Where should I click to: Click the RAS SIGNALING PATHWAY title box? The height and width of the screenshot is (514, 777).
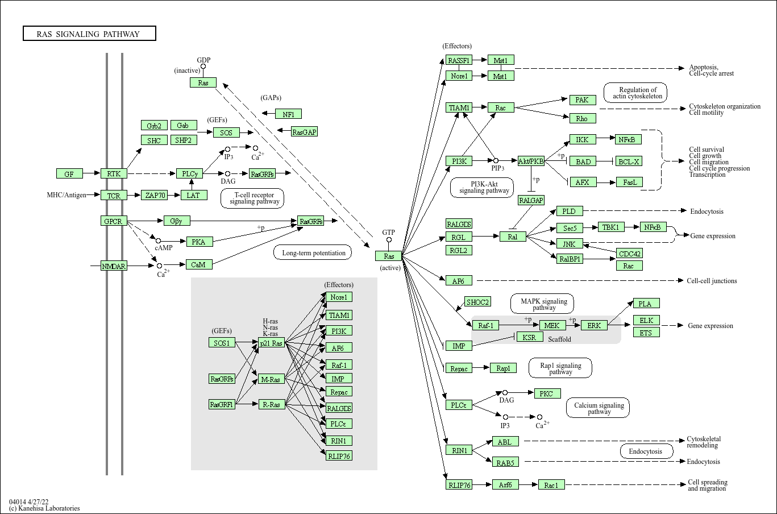(x=89, y=34)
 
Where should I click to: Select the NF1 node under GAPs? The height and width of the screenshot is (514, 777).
(x=288, y=114)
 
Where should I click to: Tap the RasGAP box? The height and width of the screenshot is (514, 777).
(x=304, y=132)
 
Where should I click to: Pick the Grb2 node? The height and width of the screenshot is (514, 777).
(x=153, y=126)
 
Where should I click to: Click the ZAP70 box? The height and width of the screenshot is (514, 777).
(x=155, y=196)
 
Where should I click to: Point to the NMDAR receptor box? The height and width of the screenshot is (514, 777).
(x=114, y=266)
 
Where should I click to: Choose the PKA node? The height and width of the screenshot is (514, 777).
(x=198, y=242)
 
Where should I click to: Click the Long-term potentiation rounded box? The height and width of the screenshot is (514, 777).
(x=313, y=252)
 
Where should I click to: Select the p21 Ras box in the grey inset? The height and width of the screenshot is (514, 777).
(x=271, y=343)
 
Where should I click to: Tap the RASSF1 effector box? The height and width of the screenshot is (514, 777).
(x=459, y=60)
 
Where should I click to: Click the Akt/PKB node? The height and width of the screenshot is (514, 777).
(x=531, y=161)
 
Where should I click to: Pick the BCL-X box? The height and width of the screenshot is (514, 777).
(x=629, y=161)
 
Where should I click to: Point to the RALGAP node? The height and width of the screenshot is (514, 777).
(x=531, y=200)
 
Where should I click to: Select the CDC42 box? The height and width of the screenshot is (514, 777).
(x=629, y=254)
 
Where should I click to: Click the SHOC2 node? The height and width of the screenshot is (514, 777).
(x=477, y=302)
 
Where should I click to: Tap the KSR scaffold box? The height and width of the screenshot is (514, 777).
(x=529, y=337)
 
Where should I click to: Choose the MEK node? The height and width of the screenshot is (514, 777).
(x=552, y=325)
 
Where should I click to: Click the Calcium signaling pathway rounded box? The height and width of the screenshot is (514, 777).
(x=598, y=408)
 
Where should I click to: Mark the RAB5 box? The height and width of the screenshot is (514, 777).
(x=505, y=463)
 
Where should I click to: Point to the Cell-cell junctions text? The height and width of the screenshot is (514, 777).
(x=711, y=281)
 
